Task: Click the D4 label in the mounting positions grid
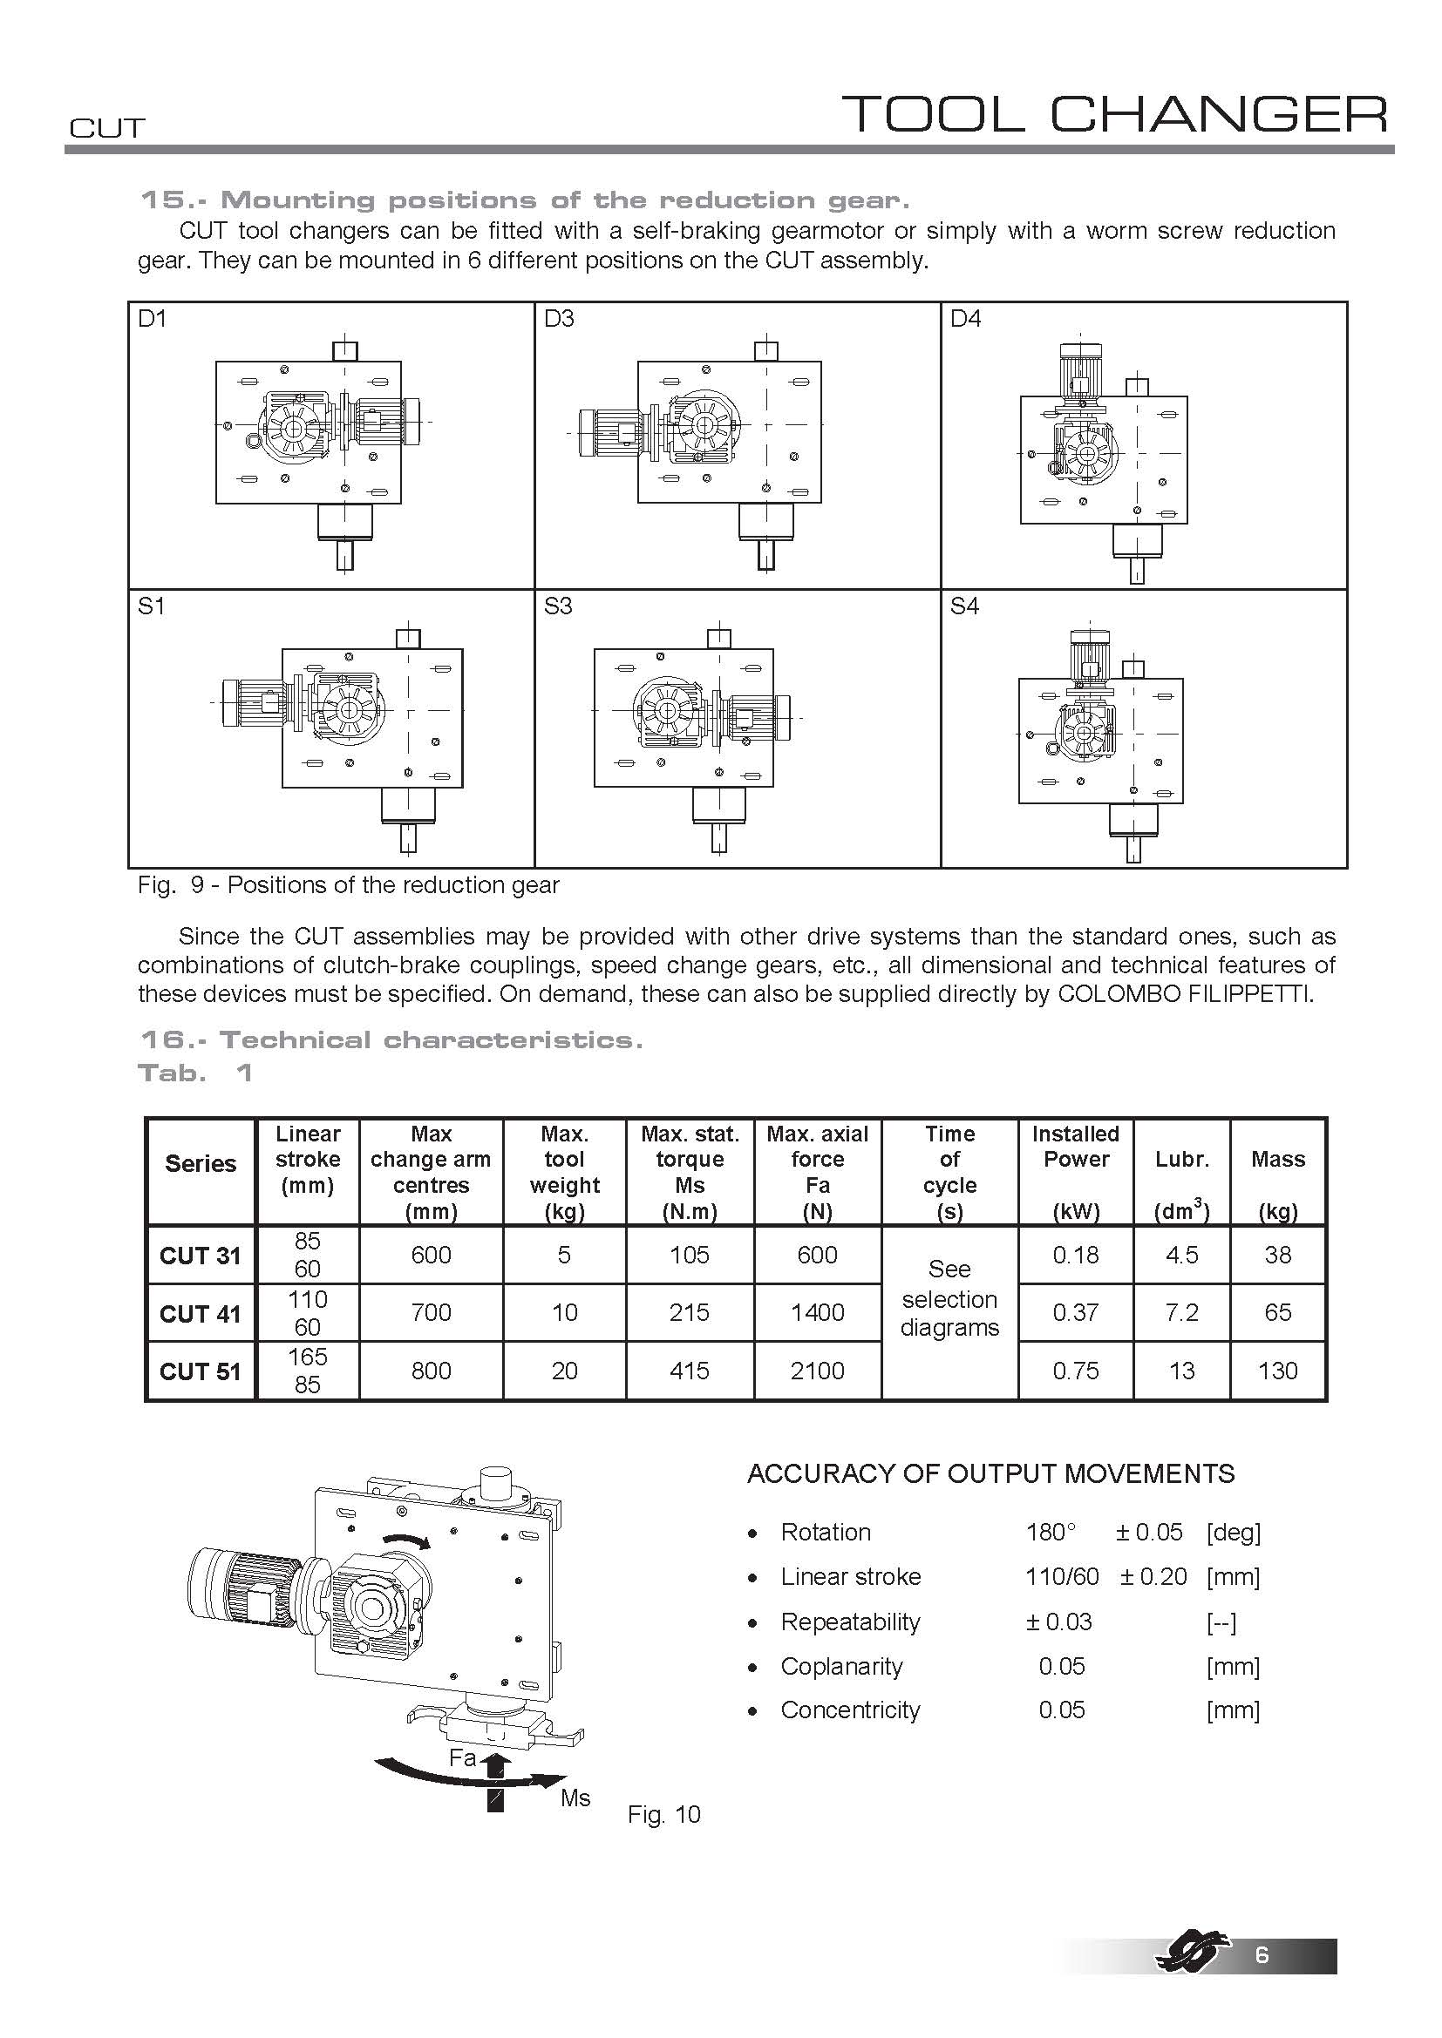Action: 965,319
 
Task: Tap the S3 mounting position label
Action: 559,606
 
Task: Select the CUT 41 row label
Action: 200,1314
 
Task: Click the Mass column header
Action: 1277,1159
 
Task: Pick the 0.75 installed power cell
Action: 1075,1371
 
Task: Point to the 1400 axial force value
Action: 817,1313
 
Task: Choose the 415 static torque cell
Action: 689,1371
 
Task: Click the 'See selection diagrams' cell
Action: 949,1298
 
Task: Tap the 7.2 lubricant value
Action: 1181,1313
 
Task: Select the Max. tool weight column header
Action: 564,1172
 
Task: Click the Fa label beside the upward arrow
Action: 463,1757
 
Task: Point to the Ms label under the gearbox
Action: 575,1798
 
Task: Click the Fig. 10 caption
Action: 663,1814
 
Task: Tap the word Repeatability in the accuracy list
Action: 850,1622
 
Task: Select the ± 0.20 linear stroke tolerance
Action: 1153,1576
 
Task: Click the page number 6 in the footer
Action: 1262,1980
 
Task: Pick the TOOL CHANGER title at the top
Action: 1113,113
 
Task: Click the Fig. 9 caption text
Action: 348,885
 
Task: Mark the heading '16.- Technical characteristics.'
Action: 391,1039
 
